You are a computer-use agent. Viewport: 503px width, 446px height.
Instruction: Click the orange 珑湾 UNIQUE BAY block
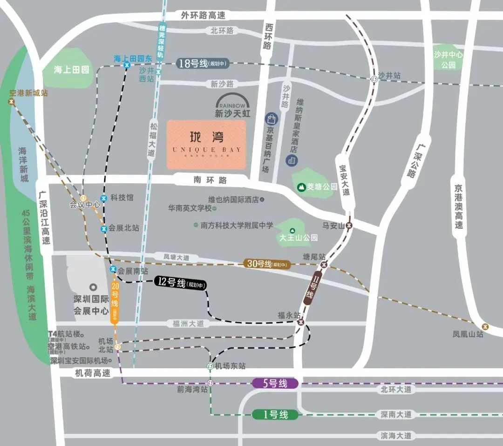point(206,144)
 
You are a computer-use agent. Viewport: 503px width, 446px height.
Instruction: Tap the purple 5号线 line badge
point(275,384)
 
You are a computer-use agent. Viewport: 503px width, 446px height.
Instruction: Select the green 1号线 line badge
point(275,414)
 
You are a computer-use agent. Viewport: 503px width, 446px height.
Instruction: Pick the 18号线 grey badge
point(203,64)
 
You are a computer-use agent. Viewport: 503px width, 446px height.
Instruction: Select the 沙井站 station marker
point(374,79)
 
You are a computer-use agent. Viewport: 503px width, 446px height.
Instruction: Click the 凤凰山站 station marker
point(486,326)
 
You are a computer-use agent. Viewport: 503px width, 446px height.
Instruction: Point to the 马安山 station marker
point(350,225)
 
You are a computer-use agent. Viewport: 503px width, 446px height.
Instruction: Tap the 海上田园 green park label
point(71,70)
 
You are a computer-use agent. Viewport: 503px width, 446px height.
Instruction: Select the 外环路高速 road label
point(203,15)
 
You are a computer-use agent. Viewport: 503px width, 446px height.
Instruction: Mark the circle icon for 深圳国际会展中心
point(93,287)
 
